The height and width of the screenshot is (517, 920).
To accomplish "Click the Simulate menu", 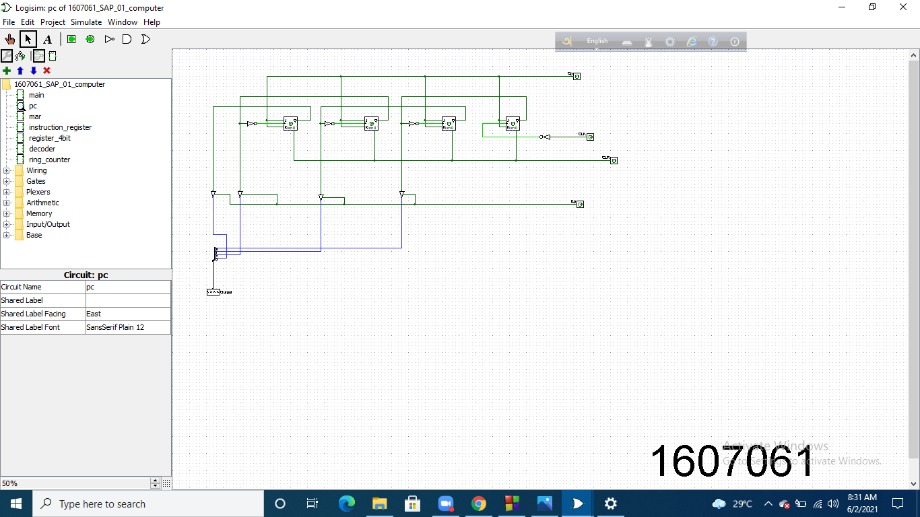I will tap(86, 22).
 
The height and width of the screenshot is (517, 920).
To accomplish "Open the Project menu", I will tap(53, 22).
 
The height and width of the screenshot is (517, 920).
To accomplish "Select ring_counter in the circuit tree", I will tap(49, 160).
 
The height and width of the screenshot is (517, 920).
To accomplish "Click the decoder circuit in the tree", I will tap(42, 149).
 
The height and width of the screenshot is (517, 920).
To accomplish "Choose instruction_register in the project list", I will tap(60, 127).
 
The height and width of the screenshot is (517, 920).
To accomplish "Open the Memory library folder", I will tap(39, 213).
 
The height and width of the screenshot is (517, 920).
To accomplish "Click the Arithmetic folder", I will tap(42, 203).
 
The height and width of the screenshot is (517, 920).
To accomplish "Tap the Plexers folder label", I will tap(38, 192).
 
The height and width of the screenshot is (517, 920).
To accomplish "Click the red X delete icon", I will tap(46, 71).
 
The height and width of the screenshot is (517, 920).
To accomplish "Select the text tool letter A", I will tap(47, 39).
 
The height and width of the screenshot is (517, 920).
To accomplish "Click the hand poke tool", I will tap(10, 39).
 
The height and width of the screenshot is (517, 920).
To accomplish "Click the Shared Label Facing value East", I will tap(128, 314).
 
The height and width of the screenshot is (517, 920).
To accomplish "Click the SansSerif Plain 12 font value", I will tap(128, 327).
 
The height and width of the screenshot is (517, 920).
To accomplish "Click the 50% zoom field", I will tap(74, 483).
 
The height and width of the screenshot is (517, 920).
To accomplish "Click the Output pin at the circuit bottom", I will tap(213, 292).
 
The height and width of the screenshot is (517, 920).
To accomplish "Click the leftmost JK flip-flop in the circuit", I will tap(290, 123).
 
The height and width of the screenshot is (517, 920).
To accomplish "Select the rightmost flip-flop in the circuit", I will tap(513, 123).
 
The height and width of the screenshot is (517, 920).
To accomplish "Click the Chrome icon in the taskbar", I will tap(478, 504).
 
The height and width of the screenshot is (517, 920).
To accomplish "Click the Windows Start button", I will tap(15, 504).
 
